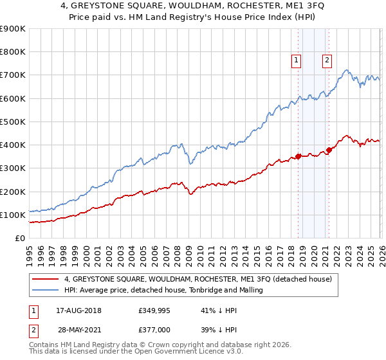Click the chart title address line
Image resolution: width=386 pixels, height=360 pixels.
click(194, 7)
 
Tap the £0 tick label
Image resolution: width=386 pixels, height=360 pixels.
click(19, 239)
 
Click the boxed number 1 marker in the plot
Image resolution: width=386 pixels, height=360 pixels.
click(297, 60)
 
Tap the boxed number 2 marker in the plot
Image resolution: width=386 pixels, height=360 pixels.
click(327, 60)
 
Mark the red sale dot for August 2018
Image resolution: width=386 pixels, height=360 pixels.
click(298, 156)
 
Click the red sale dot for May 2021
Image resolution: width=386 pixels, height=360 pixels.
click(329, 150)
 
